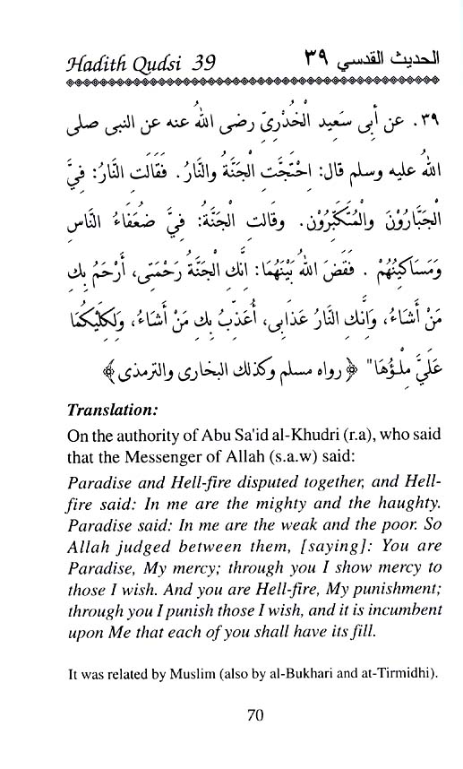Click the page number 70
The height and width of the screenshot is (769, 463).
tap(231, 715)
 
